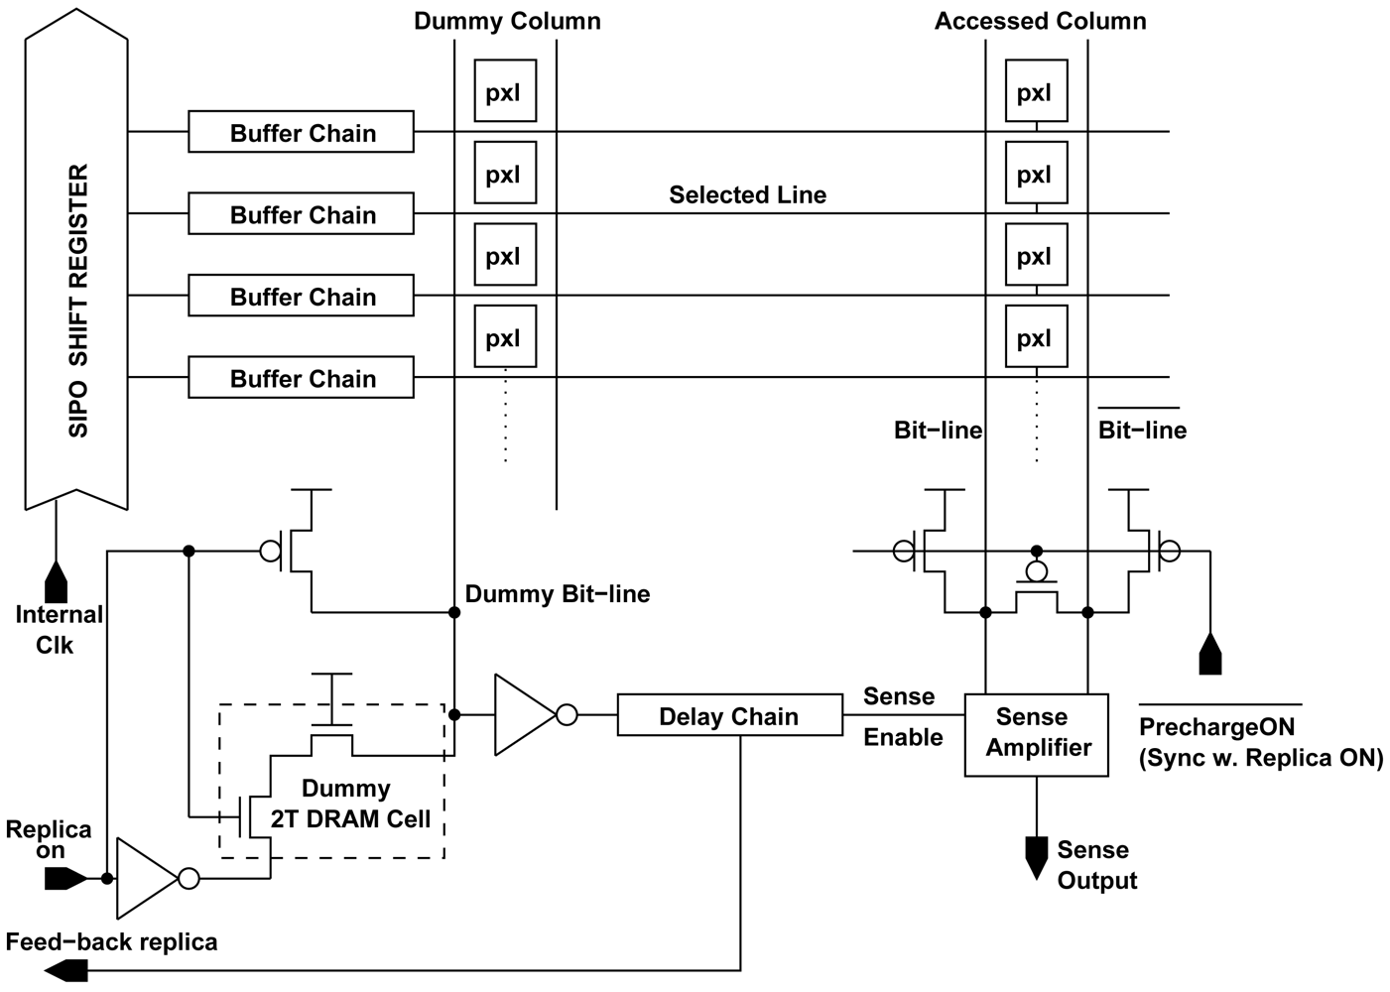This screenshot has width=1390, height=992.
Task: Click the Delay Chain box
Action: pyautogui.click(x=729, y=716)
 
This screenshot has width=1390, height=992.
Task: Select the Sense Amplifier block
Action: pyautogui.click(x=1037, y=733)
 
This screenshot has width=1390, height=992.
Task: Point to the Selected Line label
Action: pyautogui.click(x=747, y=194)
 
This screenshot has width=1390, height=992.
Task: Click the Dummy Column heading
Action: pyautogui.click(x=507, y=21)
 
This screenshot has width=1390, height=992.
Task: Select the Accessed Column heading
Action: pyautogui.click(x=1040, y=21)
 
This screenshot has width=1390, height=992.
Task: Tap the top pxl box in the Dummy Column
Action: pyautogui.click(x=504, y=92)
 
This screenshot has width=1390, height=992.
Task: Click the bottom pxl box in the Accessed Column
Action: pyautogui.click(x=1036, y=338)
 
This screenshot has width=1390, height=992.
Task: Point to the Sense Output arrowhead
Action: pyautogui.click(x=1036, y=856)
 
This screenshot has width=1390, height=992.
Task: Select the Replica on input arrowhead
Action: pyautogui.click(x=65, y=878)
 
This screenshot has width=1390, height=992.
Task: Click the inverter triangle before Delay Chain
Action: pyautogui.click(x=525, y=714)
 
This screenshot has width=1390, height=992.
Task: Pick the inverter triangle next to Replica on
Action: pyautogui.click(x=147, y=878)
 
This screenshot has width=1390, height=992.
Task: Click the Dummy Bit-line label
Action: pyautogui.click(x=558, y=594)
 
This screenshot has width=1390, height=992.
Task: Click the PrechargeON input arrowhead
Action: pyautogui.click(x=1209, y=654)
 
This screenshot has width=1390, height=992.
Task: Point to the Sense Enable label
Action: pyautogui.click(x=901, y=716)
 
